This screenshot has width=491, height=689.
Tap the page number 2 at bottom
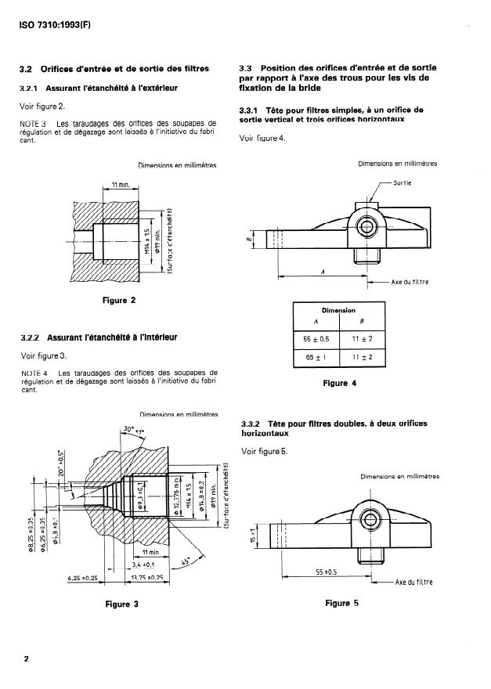coord(27,659)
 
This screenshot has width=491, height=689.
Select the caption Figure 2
coord(119,300)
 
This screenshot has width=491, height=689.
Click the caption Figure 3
coord(119,604)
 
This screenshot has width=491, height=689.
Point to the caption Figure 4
coord(340,384)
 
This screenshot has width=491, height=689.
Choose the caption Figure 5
coord(340,603)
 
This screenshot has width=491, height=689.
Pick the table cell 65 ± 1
coord(316,357)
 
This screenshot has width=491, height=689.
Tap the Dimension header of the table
coord(339,310)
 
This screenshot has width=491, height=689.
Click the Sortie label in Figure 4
coord(403,182)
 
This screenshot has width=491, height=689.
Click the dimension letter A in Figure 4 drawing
coord(323,270)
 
